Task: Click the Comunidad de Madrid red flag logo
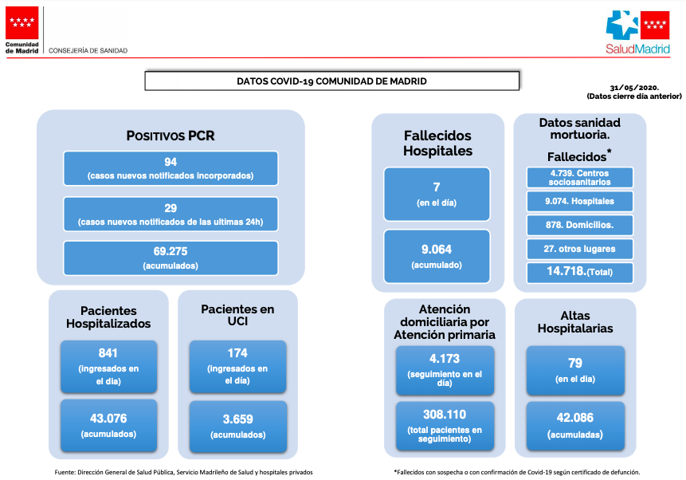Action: pos(22,23)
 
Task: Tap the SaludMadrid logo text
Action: pos(637,49)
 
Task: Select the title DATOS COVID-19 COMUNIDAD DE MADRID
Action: pos(331,81)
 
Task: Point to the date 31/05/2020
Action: pos(634,88)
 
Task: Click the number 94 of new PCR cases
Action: pos(171,162)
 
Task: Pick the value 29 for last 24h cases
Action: pos(171,208)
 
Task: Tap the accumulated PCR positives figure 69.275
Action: pos(171,251)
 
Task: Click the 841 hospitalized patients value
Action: pos(108,353)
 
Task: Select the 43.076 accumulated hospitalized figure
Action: pos(108,419)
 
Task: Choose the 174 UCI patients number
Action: pos(237,353)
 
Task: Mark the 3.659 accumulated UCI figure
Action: pos(238,419)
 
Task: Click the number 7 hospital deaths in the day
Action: pos(437,187)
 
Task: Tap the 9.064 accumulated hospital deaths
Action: pos(437,250)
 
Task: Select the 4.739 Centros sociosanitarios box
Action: pos(580,177)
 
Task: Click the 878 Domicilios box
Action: pos(580,225)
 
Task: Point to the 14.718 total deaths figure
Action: pos(566,271)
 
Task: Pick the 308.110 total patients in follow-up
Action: pos(445,415)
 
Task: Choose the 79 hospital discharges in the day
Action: pos(575,363)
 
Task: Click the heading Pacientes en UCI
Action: pos(237,315)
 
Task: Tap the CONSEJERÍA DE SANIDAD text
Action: pos(88,51)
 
